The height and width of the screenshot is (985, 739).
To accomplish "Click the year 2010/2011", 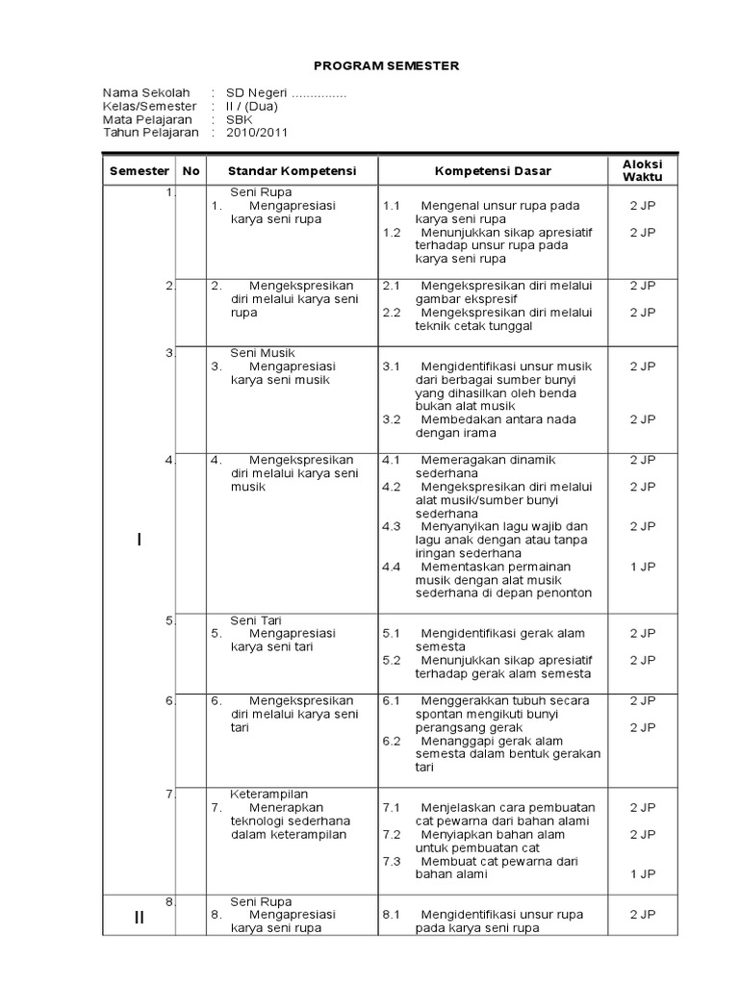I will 257,133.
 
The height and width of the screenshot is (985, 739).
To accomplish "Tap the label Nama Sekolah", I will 147,92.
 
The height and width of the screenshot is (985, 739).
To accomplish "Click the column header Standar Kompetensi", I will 292,171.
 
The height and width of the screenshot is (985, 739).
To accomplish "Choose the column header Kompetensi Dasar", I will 493,171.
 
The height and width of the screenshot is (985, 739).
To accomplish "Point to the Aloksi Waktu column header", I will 643,171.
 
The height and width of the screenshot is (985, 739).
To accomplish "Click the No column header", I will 191,171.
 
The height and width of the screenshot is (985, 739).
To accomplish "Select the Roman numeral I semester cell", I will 140,540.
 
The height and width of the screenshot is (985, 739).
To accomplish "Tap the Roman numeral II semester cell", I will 140,918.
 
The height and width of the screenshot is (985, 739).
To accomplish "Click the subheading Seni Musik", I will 263,353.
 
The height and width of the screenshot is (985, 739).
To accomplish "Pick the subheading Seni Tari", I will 256,620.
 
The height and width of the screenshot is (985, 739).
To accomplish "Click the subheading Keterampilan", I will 269,794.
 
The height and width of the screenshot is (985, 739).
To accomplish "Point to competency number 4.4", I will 391,567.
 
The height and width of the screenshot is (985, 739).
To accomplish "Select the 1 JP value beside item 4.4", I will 643,567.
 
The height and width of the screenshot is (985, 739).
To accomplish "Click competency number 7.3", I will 391,861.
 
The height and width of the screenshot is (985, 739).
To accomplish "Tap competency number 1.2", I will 391,232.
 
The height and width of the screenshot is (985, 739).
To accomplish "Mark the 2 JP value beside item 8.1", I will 643,915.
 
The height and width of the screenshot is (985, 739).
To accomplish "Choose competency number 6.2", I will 391,741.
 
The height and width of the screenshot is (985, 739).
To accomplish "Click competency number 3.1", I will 391,366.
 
